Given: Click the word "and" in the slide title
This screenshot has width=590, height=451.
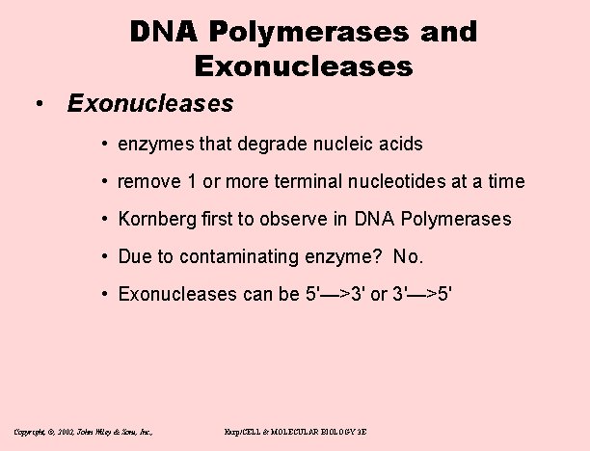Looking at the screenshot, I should click(448, 32).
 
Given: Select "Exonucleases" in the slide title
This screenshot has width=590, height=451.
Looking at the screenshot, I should click(303, 66).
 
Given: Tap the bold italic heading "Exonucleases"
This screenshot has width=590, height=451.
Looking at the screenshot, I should click(150, 102).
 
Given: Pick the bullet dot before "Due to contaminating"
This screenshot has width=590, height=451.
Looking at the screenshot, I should click(103, 257).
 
